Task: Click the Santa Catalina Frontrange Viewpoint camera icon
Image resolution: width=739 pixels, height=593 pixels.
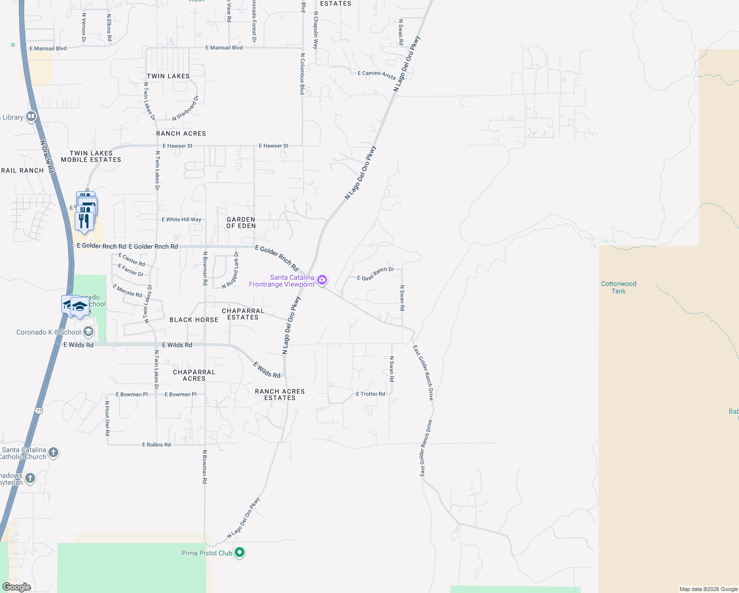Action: pos(322,280)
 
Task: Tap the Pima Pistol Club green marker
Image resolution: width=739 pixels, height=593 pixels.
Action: pos(240,552)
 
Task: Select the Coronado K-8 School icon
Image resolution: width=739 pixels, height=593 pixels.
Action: pos(88,332)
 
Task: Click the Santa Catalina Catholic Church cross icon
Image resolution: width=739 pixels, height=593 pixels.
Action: pos(53,452)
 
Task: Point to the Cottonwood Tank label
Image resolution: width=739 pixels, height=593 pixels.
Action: pos(618,288)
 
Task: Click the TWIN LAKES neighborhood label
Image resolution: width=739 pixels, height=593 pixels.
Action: pos(168,76)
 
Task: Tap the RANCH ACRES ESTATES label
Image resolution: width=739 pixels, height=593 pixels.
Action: pos(280,394)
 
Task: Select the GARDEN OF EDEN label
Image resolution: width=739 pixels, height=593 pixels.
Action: pos(241,222)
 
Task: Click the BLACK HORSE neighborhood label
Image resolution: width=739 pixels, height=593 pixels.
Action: pos(194,320)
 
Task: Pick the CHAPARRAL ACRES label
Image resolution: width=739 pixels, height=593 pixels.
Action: pos(194,375)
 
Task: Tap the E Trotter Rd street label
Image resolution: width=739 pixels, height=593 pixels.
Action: pos(370,394)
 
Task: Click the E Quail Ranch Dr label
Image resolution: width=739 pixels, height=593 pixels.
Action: pos(375,274)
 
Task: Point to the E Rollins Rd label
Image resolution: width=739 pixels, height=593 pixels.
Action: pos(156,445)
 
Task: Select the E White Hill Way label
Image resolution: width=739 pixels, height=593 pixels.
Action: pos(181,219)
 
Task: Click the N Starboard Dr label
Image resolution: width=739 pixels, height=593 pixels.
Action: pos(185,108)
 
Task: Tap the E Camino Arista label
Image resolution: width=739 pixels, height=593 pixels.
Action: pos(376,74)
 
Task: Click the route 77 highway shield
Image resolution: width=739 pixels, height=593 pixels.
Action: pos(39,411)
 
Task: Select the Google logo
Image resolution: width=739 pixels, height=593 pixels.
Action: pos(17,587)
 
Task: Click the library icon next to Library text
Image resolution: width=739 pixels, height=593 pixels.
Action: pos(31,117)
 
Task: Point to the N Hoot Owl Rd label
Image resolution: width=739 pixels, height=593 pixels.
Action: pos(107,418)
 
